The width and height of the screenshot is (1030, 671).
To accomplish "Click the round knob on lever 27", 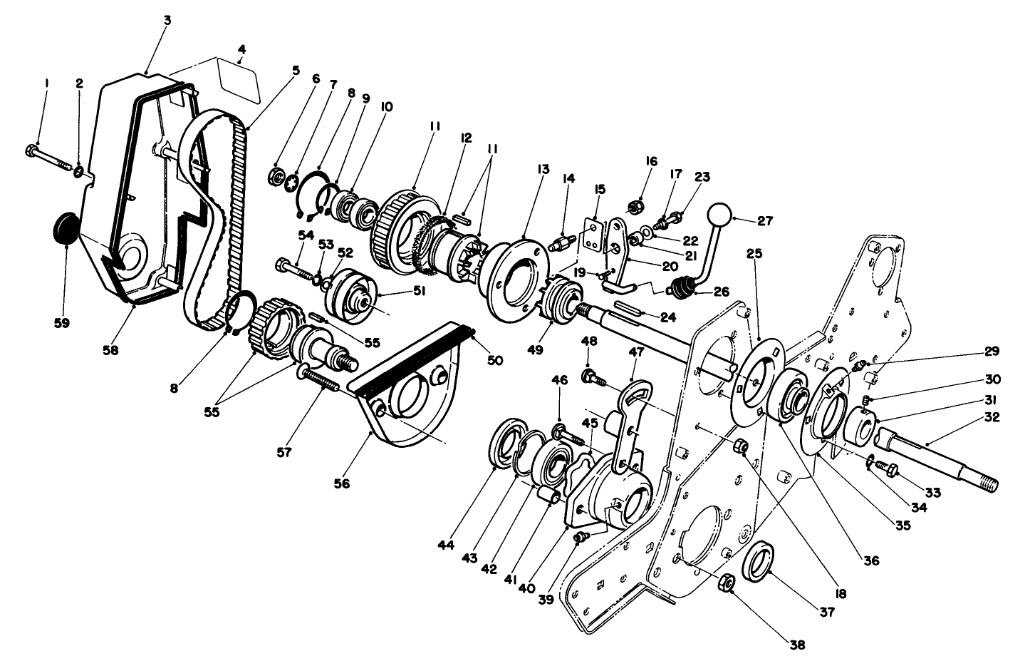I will [720, 214].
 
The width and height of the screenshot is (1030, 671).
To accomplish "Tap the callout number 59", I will [62, 323].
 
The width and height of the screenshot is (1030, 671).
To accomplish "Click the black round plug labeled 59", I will [66, 227].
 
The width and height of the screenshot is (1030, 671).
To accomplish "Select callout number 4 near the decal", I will [241, 49].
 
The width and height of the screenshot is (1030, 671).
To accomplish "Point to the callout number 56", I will [342, 483].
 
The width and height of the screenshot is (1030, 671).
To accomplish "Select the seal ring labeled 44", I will [505, 446].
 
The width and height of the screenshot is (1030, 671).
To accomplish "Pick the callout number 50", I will [494, 360].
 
